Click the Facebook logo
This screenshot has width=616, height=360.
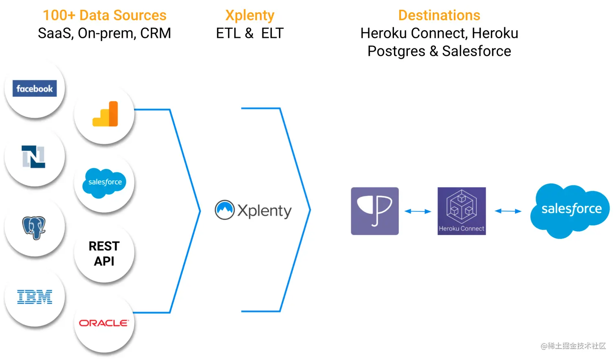coord(35,88)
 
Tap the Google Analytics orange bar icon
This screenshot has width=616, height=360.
coord(106,114)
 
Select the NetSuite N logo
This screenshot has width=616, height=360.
coord(33,157)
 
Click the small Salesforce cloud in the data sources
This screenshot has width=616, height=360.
coord(105,182)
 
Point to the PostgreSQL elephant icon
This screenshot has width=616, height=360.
coord(34,227)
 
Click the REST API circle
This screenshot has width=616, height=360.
coord(104,253)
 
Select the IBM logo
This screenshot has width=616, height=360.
coord(35,297)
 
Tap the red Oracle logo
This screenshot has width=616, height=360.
coord(104,323)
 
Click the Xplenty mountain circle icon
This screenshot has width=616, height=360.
coord(224,210)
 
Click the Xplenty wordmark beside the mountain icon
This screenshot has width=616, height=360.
coord(264,211)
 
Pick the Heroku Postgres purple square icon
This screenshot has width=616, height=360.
coord(375,211)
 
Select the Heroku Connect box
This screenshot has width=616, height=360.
coord(462,211)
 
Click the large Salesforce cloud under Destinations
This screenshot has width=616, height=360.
coord(570,210)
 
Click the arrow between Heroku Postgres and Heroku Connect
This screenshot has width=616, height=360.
coord(418,211)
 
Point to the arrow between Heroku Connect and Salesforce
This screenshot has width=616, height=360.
coord(508,211)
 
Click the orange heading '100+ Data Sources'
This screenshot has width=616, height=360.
coord(105,15)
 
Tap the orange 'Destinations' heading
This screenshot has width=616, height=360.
coord(439,15)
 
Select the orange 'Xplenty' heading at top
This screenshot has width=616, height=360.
coord(250,15)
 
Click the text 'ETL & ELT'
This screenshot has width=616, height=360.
coord(250,33)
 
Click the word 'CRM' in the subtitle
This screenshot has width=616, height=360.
coord(156,33)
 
